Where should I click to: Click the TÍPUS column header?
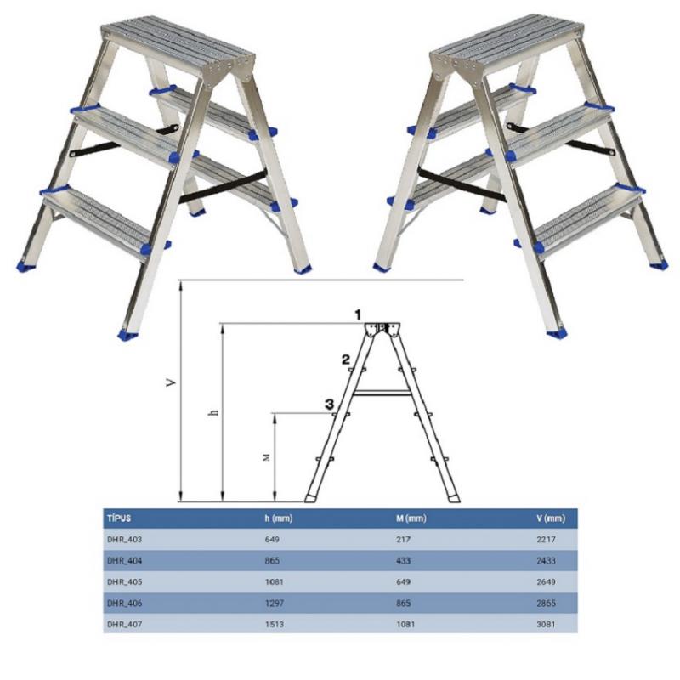(119, 518)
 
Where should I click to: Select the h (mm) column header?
(279, 518)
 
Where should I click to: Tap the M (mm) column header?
(411, 518)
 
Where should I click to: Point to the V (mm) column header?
(551, 518)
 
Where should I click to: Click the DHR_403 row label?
(124, 540)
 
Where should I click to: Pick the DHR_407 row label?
(124, 624)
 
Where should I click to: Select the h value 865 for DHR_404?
(272, 561)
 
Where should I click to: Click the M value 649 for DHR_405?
(403, 581)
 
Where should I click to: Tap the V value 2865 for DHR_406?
(546, 603)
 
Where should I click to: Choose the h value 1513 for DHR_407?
(275, 624)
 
